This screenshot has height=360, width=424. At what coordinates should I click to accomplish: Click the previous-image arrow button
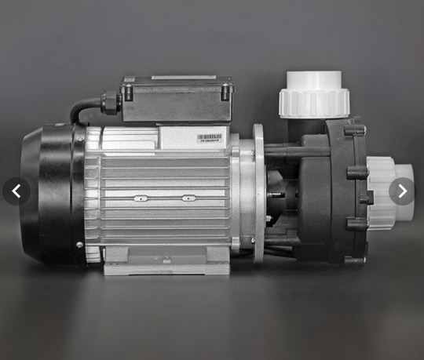(16, 191)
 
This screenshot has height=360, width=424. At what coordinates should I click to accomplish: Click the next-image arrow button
(402, 191)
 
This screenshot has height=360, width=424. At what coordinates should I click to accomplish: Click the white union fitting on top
(314, 94)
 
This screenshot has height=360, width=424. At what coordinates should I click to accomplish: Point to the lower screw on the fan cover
(79, 245)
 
